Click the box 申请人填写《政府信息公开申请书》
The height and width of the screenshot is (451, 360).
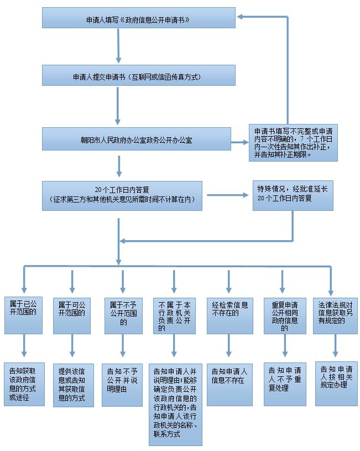pyautogui.click(x=138, y=18)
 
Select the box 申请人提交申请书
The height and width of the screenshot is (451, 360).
pyautogui.click(x=136, y=76)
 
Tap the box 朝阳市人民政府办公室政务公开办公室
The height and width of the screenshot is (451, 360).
pyautogui.click(x=136, y=139)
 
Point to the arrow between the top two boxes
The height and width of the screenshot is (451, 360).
pyautogui.click(x=118, y=45)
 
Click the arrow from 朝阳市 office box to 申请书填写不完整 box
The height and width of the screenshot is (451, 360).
pyautogui.click(x=239, y=142)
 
